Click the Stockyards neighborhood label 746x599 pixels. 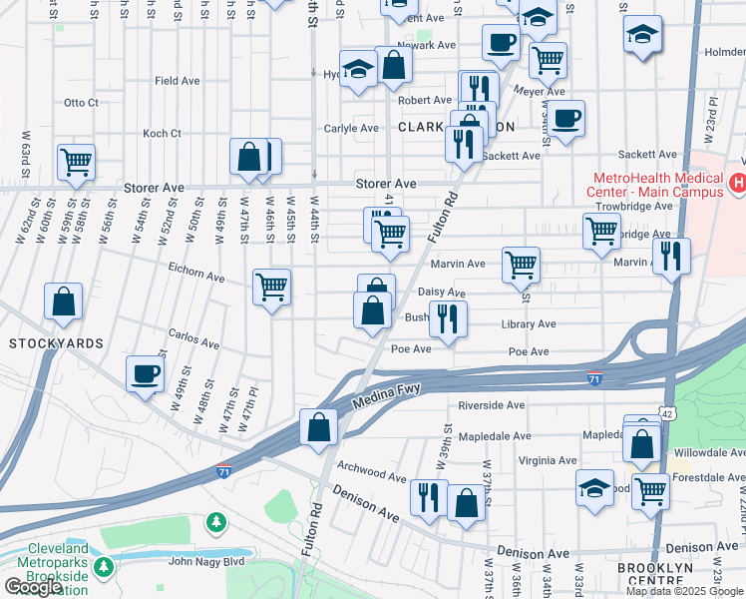(56, 342)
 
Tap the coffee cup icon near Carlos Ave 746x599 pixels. (146, 374)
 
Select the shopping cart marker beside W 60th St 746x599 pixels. (76, 162)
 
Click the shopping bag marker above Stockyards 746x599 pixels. (64, 301)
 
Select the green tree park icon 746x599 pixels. (215, 522)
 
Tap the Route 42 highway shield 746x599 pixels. (665, 412)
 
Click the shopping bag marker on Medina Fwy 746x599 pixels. (319, 427)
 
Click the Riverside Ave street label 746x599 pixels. (491, 405)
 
